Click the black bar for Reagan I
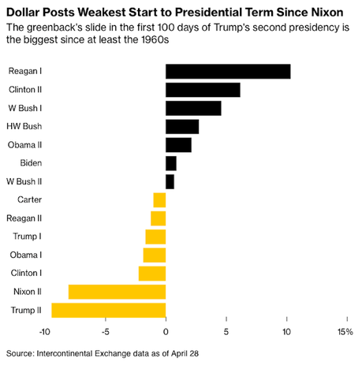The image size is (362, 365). [x=228, y=72]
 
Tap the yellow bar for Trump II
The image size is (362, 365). [x=109, y=310]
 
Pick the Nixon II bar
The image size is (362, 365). [x=118, y=292]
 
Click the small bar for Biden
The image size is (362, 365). [x=171, y=163]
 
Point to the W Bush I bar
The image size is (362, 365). [x=193, y=108]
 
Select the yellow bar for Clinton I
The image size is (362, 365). [x=152, y=274]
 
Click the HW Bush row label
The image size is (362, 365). [x=24, y=126]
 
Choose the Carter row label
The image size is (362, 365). [x=29, y=199]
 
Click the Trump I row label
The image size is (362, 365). [x=28, y=237]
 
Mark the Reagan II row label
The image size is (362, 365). [x=24, y=218]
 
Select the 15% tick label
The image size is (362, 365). [x=345, y=331]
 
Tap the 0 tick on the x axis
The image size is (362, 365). [x=166, y=331]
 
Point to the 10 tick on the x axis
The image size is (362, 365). [x=285, y=331]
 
